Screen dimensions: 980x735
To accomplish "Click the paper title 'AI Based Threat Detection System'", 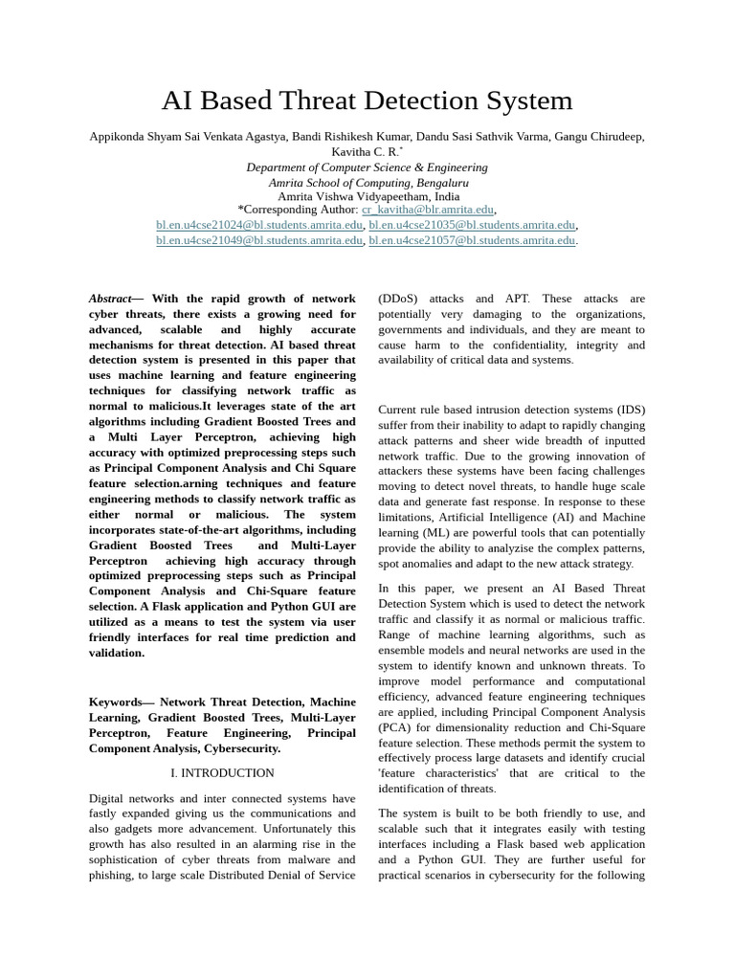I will tap(367, 100).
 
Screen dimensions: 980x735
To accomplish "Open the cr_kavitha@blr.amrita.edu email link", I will tap(428, 210).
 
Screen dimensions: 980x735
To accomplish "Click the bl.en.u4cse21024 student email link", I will tap(259, 225).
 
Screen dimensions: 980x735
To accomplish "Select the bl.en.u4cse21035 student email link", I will tap(472, 225).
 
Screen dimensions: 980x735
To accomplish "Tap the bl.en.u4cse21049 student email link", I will tap(259, 240).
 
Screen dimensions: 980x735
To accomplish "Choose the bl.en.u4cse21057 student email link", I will tap(472, 240).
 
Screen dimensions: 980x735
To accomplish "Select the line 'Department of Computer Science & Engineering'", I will tap(367, 167).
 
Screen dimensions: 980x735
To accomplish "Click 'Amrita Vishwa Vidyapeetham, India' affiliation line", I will tap(367, 196).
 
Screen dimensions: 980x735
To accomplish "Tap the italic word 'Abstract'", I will tap(110, 299).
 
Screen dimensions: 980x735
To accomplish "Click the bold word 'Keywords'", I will tap(115, 702).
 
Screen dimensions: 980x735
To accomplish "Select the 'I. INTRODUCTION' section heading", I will tap(222, 772).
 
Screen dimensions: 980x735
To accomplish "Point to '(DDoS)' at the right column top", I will tap(398, 299).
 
